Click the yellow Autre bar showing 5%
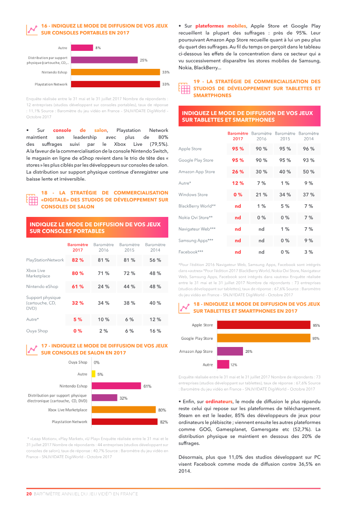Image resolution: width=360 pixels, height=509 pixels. (94, 374)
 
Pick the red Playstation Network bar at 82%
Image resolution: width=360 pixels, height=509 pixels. (125, 422)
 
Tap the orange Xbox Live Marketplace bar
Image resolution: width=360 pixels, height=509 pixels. (124, 410)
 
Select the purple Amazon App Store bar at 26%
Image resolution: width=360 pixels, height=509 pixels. (230, 351)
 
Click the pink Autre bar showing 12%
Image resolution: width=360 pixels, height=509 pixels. (223, 364)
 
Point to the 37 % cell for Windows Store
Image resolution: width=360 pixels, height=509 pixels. (309, 194)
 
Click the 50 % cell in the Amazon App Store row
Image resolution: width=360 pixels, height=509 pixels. (309, 171)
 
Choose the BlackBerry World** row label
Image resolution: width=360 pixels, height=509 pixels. (197, 206)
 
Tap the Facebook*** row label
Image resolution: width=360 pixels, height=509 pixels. (191, 252)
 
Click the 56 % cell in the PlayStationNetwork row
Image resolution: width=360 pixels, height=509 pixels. (155, 260)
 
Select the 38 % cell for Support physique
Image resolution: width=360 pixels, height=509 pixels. (130, 303)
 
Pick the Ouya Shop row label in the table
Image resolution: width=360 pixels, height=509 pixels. (37, 331)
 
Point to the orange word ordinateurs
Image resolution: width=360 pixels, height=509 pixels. (219, 401)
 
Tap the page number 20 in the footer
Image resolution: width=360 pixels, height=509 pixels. (29, 494)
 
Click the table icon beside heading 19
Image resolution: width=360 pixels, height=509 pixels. (184, 88)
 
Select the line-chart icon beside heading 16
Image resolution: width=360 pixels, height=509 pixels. (31, 29)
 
